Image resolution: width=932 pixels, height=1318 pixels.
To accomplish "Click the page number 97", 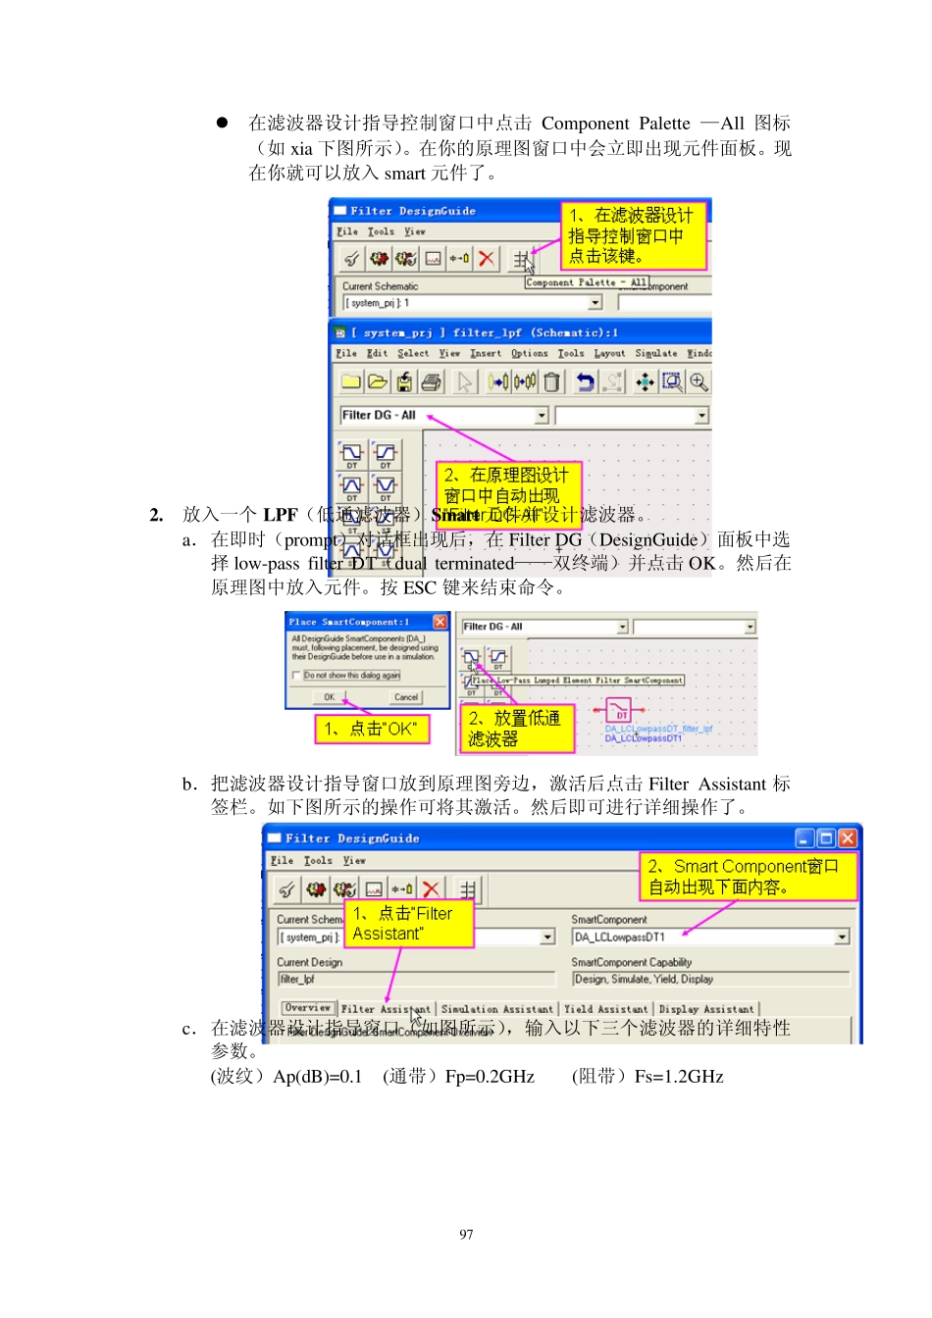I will click(x=466, y=1235).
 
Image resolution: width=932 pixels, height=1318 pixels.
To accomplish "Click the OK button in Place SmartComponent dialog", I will click(x=330, y=697).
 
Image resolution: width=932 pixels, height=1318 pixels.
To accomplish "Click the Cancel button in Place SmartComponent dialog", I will click(x=406, y=697).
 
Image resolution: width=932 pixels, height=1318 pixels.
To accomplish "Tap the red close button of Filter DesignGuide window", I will click(x=848, y=838).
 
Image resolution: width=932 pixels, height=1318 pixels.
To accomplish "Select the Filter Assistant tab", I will click(x=386, y=1009).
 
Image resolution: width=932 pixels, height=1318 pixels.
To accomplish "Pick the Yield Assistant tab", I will click(x=605, y=1009).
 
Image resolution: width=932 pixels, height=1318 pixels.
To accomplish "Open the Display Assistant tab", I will click(x=706, y=1009).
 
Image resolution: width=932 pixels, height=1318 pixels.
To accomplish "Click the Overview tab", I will click(x=307, y=1008).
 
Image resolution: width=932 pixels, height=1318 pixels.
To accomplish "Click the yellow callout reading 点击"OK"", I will click(x=372, y=729).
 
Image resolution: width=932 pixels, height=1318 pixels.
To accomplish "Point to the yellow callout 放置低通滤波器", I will click(x=514, y=729).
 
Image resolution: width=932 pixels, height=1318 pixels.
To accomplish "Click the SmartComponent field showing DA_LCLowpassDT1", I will click(x=701, y=938).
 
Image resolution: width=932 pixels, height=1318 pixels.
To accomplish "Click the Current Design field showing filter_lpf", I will click(x=416, y=979).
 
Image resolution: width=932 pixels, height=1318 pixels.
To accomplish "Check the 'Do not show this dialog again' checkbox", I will click(x=296, y=676).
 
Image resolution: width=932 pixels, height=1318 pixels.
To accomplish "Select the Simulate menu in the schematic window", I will click(x=655, y=353).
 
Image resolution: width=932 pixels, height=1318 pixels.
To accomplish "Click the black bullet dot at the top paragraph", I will click(x=223, y=123).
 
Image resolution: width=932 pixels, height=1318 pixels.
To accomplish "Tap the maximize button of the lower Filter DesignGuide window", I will click(x=826, y=838).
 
